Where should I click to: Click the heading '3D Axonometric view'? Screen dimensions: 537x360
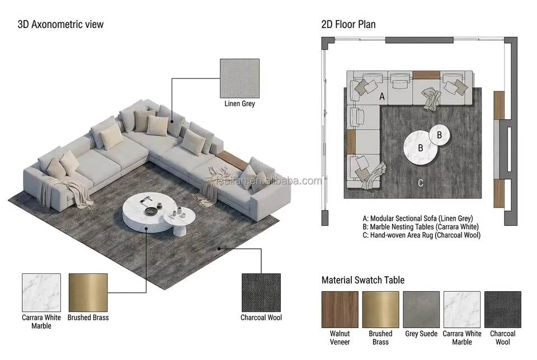(60, 24)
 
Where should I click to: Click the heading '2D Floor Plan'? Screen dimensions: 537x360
(348, 24)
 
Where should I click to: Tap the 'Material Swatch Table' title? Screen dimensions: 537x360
(362, 280)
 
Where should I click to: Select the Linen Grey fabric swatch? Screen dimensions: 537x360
(239, 78)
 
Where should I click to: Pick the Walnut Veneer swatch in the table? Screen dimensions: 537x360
(340, 309)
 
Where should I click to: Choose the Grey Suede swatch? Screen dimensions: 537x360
(421, 309)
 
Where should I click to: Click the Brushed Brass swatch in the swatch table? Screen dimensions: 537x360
(380, 309)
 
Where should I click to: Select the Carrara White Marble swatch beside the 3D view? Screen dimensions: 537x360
(41, 292)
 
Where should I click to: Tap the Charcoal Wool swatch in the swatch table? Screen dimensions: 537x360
(503, 309)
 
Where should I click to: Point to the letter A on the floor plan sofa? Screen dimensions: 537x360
(382, 97)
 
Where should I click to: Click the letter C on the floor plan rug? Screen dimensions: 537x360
(421, 183)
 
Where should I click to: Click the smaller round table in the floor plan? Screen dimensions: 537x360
(440, 135)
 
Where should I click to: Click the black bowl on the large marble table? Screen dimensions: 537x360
(150, 211)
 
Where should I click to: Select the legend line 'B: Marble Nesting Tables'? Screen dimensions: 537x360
(421, 226)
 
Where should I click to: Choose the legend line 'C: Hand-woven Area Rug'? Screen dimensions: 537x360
(422, 235)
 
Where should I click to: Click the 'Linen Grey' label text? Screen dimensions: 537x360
(240, 103)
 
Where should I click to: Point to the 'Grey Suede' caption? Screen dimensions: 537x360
(421, 333)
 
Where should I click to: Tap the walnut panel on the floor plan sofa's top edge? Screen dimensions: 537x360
(426, 75)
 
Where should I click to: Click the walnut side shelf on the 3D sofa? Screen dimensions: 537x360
(232, 160)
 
